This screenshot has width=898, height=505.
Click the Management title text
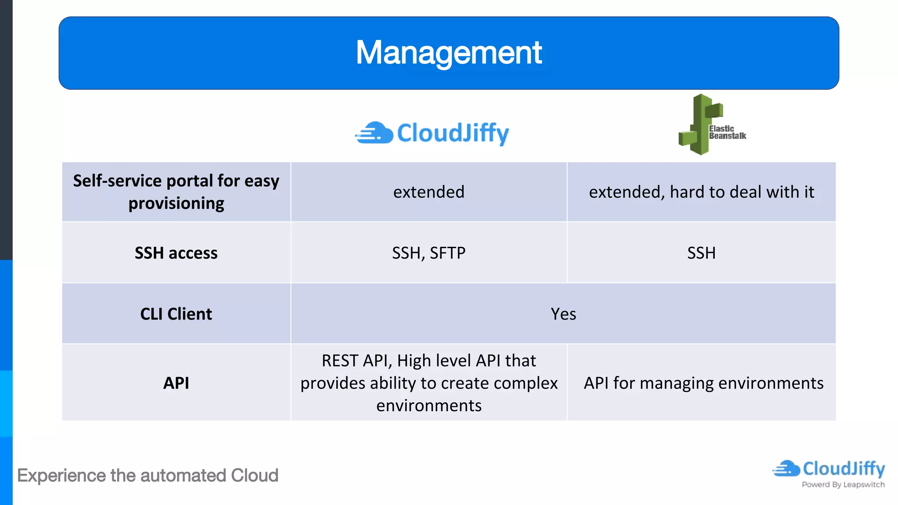(449, 53)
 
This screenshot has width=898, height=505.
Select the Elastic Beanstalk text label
(727, 132)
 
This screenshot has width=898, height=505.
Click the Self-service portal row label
(176, 192)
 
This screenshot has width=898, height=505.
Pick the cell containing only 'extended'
(428, 192)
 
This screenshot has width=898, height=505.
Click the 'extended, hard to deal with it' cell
(701, 192)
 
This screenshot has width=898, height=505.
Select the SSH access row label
(176, 253)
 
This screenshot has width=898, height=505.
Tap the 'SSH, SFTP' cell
(428, 253)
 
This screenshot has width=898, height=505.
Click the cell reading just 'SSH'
(701, 253)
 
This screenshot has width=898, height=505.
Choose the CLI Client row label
(176, 314)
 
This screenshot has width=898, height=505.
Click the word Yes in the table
(563, 314)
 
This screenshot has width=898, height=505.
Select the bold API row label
(176, 383)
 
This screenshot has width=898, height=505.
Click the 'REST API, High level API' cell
(428, 383)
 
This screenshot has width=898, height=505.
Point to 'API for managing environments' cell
(703, 383)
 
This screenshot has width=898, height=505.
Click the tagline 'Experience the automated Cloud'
(147, 476)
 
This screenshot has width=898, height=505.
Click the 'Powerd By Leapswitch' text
(843, 484)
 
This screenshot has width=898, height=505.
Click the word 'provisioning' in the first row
(176, 203)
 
